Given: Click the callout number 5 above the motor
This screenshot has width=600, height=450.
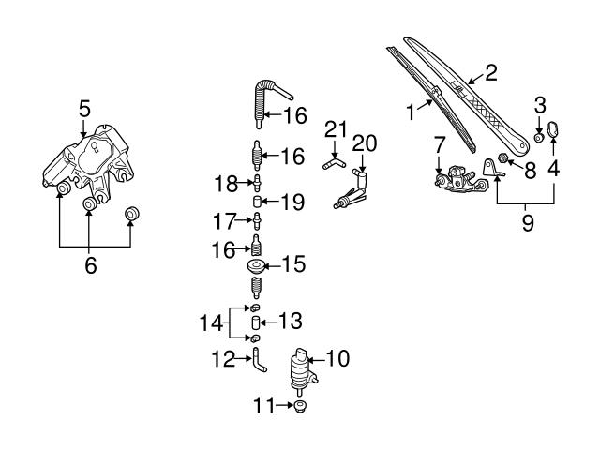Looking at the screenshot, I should [84, 109].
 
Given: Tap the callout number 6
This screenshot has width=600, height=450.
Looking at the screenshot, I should [90, 265].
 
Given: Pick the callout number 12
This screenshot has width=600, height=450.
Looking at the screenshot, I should [221, 357].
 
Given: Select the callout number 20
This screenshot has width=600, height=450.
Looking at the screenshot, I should [365, 142].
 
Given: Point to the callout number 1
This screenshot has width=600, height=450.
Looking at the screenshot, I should [410, 112].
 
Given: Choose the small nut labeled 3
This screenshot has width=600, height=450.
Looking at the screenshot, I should [539, 137].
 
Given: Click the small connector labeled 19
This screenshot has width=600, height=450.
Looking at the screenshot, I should [255, 201].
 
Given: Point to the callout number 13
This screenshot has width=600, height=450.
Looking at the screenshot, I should [291, 321].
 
